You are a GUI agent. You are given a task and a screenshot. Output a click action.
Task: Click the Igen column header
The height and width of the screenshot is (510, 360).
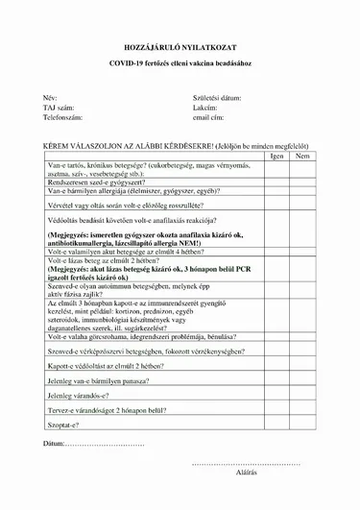[x=276, y=155]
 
